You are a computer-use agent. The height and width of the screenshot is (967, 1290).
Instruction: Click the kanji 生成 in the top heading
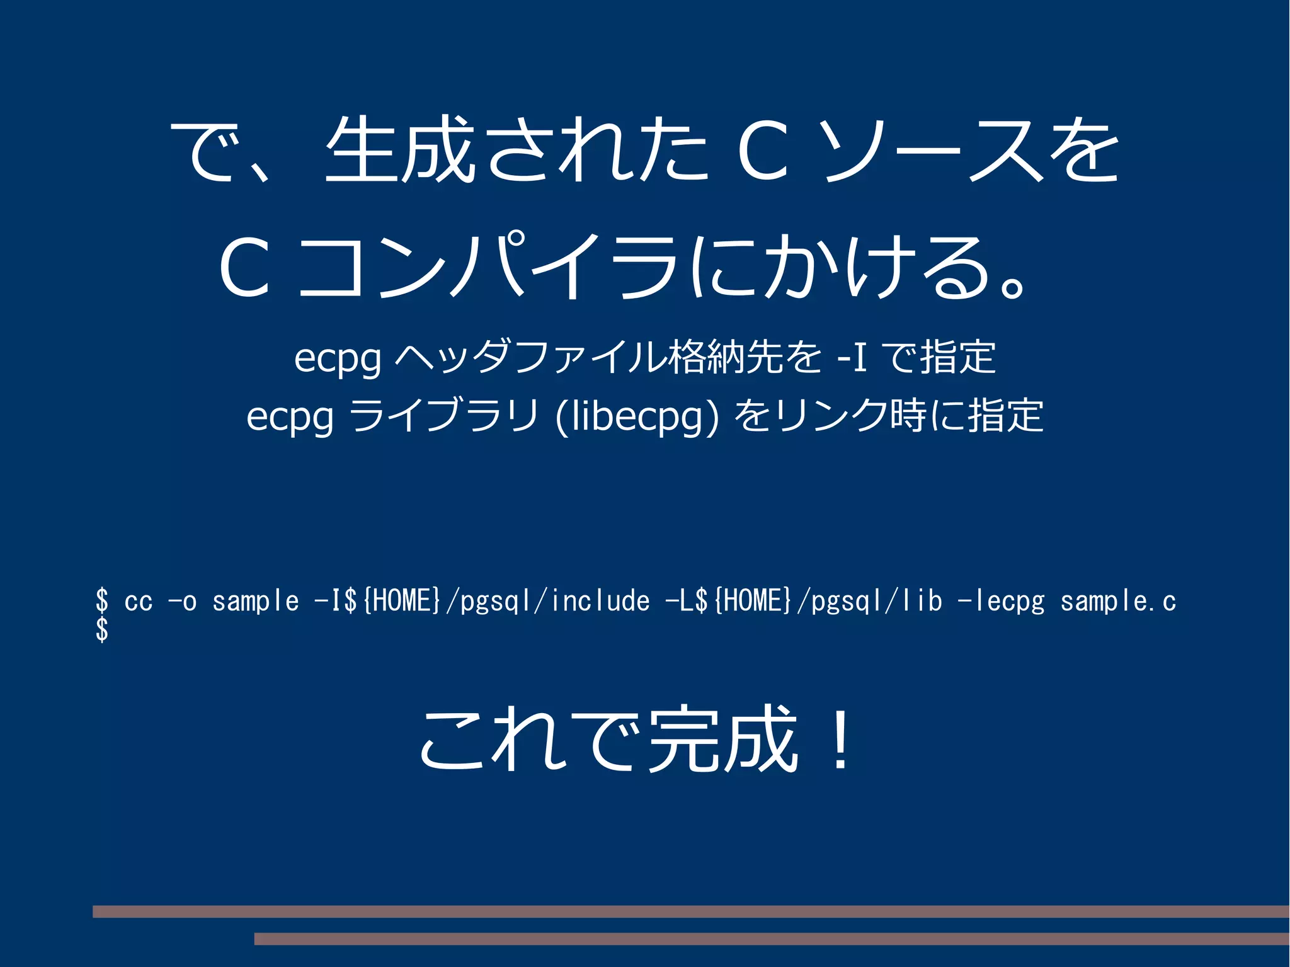coord(401,150)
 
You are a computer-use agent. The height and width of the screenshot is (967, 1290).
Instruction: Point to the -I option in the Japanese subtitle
coord(852,358)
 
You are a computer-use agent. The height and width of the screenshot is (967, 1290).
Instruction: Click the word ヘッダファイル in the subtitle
coord(529,358)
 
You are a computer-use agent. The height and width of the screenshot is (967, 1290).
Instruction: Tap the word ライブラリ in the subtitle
coord(444,416)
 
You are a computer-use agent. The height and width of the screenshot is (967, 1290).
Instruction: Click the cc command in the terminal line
coord(139,602)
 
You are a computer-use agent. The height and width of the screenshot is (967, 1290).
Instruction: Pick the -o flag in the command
coord(183,602)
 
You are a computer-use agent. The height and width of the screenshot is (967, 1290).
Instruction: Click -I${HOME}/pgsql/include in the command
coord(482,602)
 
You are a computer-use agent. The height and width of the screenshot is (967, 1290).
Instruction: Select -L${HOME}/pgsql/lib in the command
coord(804,602)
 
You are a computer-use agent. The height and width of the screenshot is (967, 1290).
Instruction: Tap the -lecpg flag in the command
coord(1001,602)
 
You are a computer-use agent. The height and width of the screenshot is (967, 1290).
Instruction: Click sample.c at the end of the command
coord(1118,602)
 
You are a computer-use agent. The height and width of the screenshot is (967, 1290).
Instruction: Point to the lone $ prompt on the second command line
coord(102,629)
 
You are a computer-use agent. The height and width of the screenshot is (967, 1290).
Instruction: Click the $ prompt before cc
coord(102,600)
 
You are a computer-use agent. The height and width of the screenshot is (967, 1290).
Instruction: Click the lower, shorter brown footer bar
coord(772,939)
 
